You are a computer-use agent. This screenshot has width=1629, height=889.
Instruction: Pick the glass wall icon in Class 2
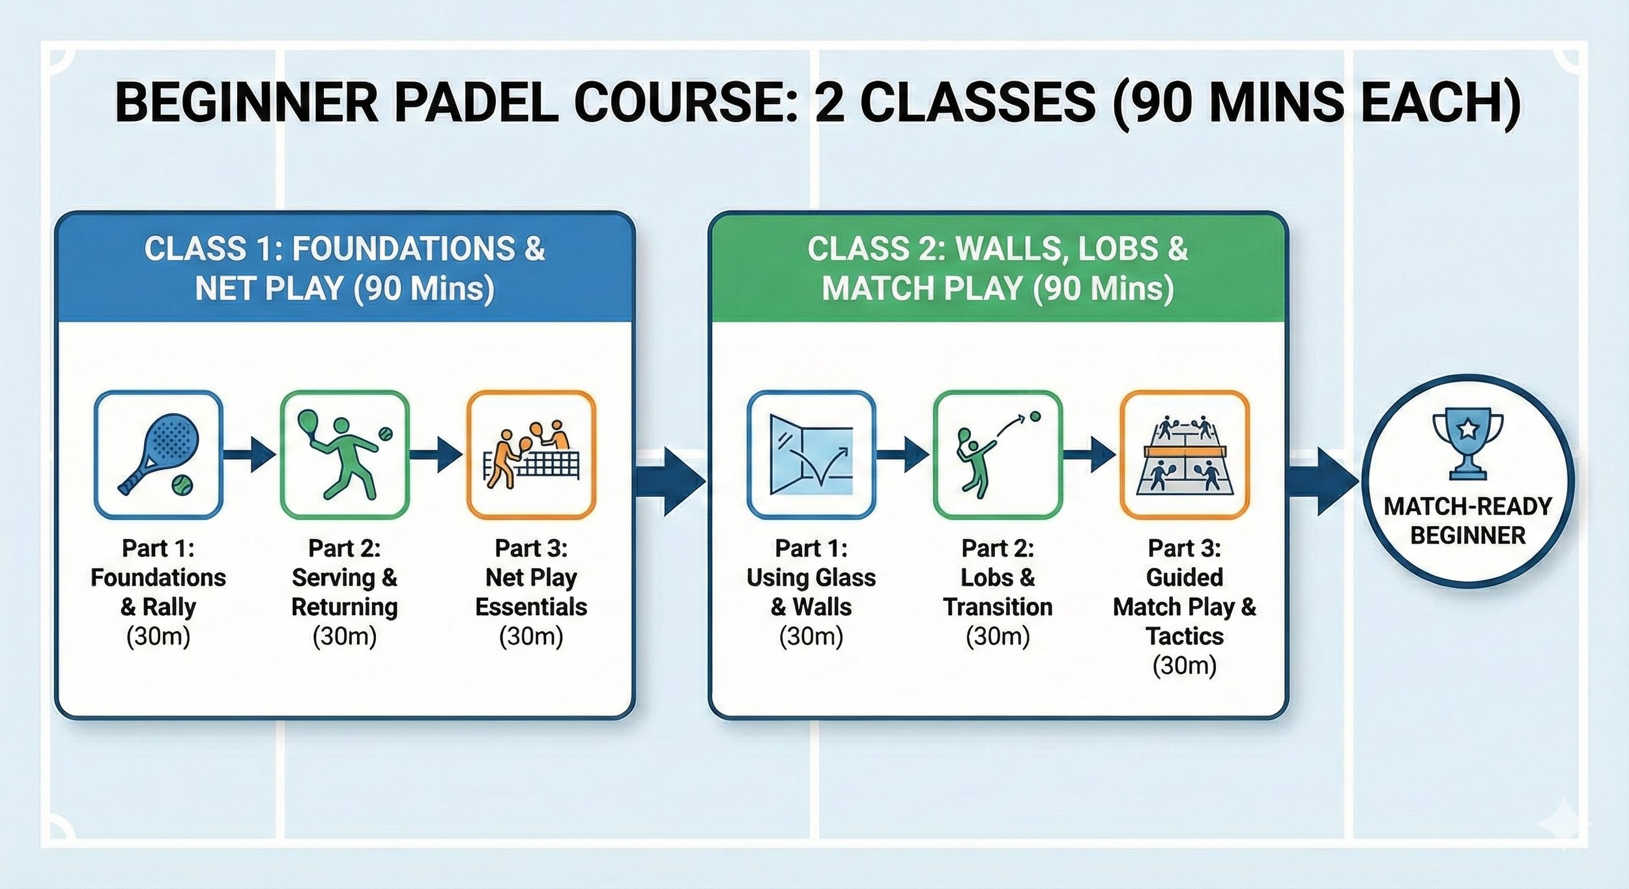click(811, 454)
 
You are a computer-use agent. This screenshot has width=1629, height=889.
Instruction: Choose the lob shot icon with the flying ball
click(998, 454)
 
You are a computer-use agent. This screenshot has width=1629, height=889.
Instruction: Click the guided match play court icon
click(1185, 454)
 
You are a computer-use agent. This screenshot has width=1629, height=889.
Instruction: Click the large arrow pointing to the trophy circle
click(1323, 481)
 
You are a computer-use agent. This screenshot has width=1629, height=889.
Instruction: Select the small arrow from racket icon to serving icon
click(251, 454)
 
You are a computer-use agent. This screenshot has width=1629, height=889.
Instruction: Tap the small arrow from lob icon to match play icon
click(1090, 454)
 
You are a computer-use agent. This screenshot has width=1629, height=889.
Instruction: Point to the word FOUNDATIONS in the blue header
click(403, 249)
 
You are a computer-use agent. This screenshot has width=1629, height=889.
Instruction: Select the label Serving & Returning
click(345, 592)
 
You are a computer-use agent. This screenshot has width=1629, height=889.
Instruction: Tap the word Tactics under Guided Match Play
click(1185, 636)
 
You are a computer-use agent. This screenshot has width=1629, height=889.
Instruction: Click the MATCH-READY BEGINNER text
click(1467, 521)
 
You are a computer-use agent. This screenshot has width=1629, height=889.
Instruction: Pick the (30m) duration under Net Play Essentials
click(531, 636)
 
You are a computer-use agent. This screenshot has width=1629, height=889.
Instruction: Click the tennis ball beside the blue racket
click(182, 485)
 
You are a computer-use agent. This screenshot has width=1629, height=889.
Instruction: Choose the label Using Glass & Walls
click(811, 592)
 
